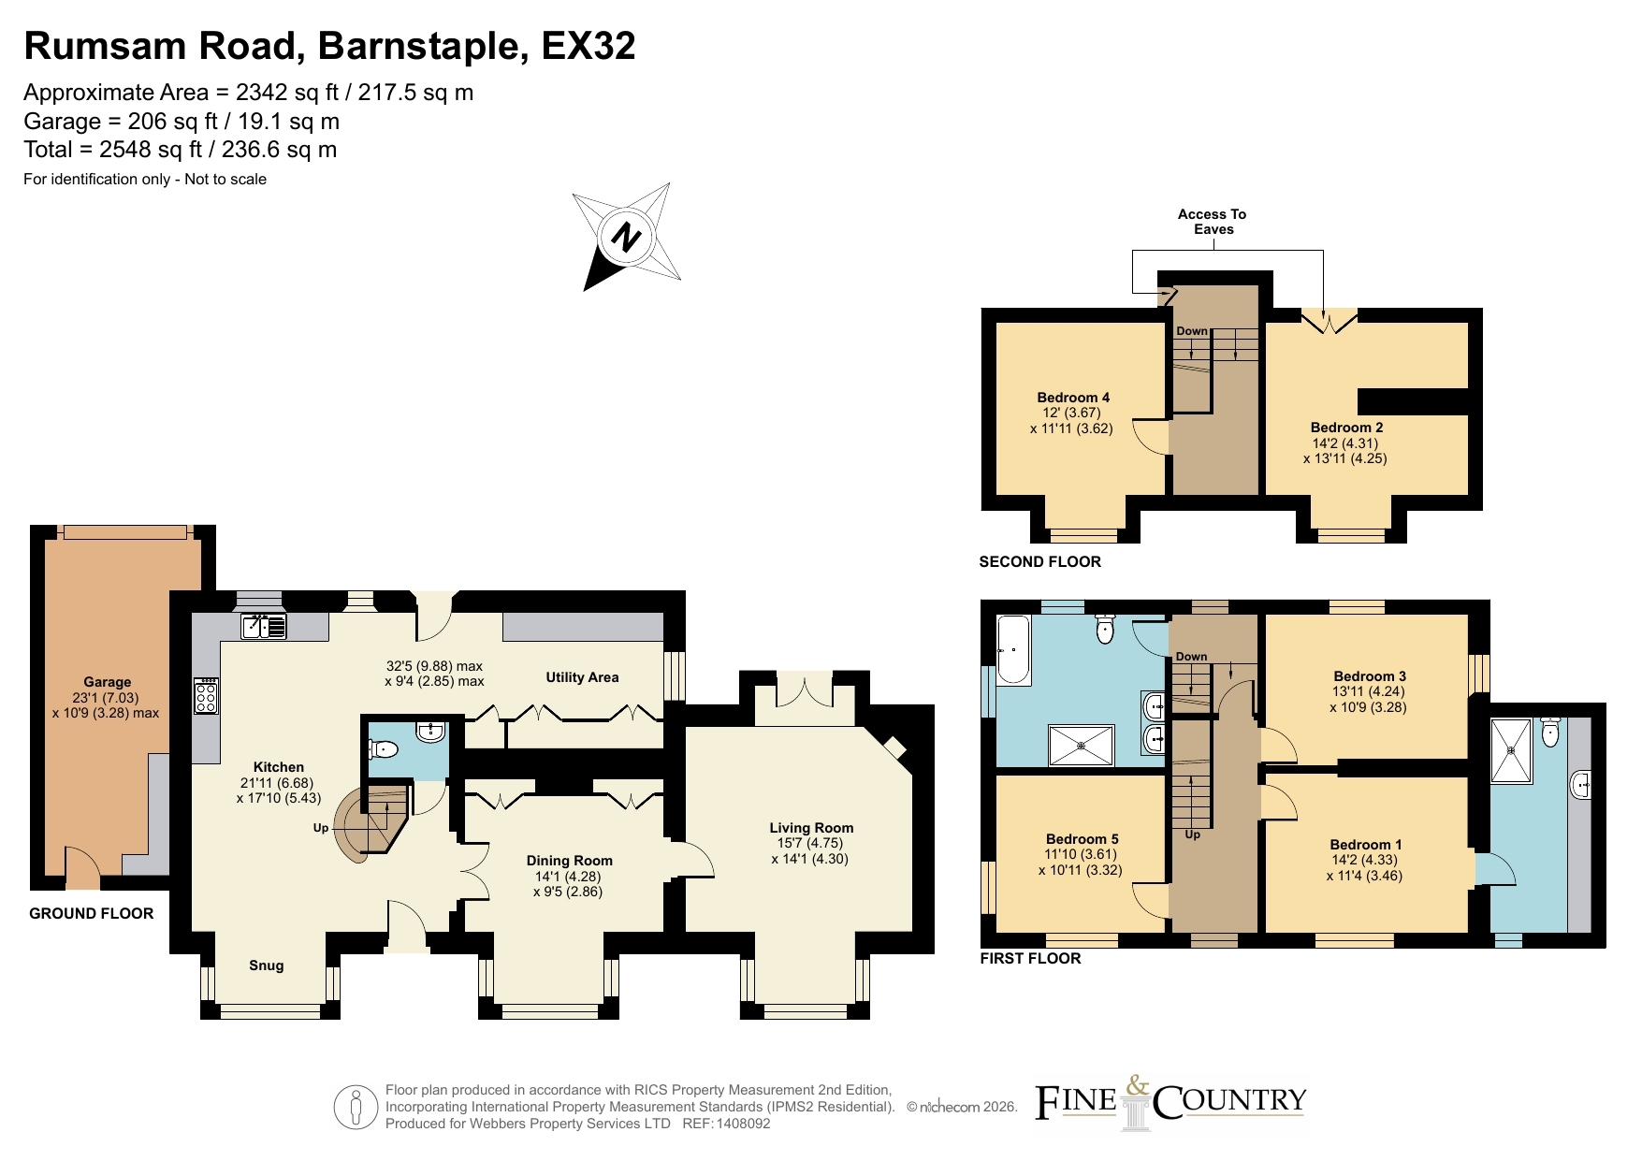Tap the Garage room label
click(107, 682)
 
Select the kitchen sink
click(264, 626)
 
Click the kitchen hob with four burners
click(207, 696)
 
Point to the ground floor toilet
click(385, 748)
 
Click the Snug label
click(266, 965)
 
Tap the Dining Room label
click(569, 861)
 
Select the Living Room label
click(811, 828)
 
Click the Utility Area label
click(582, 677)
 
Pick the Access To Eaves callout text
click(1213, 222)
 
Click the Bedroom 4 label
click(1073, 398)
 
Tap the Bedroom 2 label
click(1346, 428)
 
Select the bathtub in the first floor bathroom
click(1013, 649)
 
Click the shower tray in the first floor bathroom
click(1081, 745)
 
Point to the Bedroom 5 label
click(1082, 839)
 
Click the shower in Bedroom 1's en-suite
click(1511, 750)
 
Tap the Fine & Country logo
click(1170, 1102)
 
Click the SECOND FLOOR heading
click(1039, 561)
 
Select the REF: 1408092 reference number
click(726, 1124)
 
